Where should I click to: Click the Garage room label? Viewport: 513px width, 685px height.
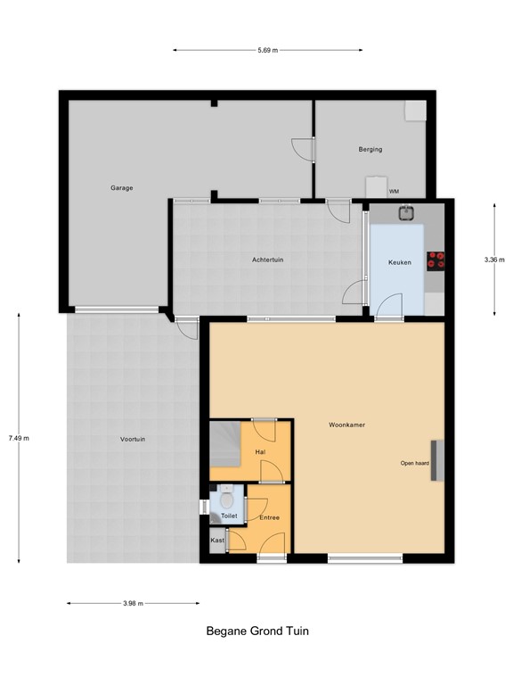122,188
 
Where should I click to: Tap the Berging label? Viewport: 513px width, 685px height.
370,149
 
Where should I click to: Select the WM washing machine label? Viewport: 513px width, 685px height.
393,192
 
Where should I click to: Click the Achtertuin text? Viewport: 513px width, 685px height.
267,260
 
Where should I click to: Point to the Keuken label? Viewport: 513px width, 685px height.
398,263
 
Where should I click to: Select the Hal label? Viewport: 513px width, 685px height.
261,452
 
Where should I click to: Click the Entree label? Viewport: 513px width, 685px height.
270,517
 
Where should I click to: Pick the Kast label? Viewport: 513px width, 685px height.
217,541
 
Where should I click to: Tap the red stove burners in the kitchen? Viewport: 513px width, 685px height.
436,260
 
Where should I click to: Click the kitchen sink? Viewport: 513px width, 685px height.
406,212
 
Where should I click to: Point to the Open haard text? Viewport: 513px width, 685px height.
414,464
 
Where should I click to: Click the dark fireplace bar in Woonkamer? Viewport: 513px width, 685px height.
436,461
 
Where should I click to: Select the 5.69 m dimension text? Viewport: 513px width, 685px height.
268,51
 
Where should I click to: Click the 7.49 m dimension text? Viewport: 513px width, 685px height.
19,438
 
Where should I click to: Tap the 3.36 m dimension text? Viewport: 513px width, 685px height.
494,260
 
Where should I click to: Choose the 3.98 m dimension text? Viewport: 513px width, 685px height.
134,604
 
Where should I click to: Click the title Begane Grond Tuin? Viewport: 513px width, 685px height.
257,631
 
